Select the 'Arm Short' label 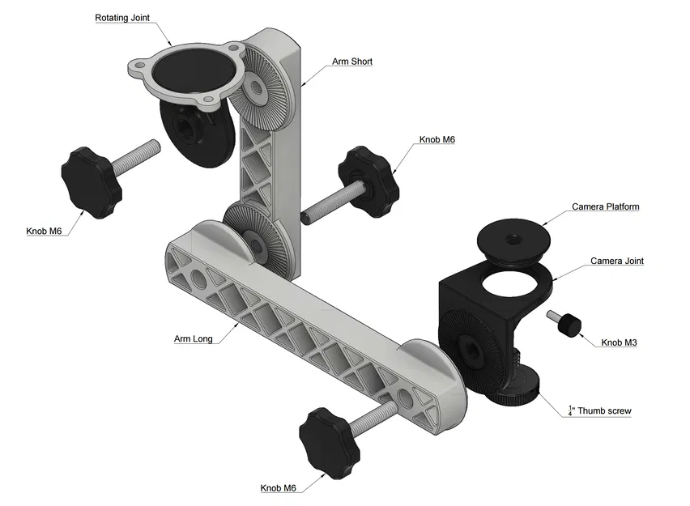click(351, 62)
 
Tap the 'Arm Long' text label click(193, 338)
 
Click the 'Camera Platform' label click(605, 207)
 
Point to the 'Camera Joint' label click(616, 261)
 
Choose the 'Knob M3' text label click(619, 343)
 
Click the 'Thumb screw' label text click(603, 411)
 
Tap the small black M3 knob click(569, 325)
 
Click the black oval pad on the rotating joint click(189, 70)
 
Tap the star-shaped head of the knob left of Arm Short click(91, 182)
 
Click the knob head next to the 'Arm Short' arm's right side click(370, 176)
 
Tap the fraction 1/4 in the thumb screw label click(570, 410)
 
